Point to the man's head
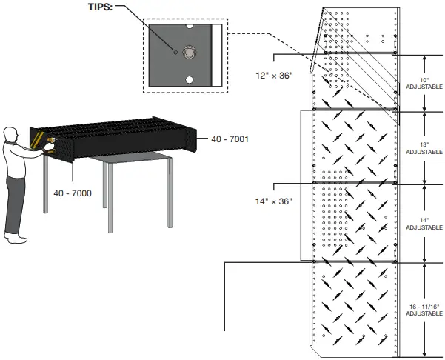pyautogui.click(x=10, y=135)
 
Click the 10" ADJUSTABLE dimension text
pyautogui.click(x=424, y=82)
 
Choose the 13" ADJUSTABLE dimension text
pyautogui.click(x=424, y=147)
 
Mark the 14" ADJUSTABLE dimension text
pyautogui.click(x=424, y=223)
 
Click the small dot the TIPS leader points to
pyautogui.click(x=175, y=53)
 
